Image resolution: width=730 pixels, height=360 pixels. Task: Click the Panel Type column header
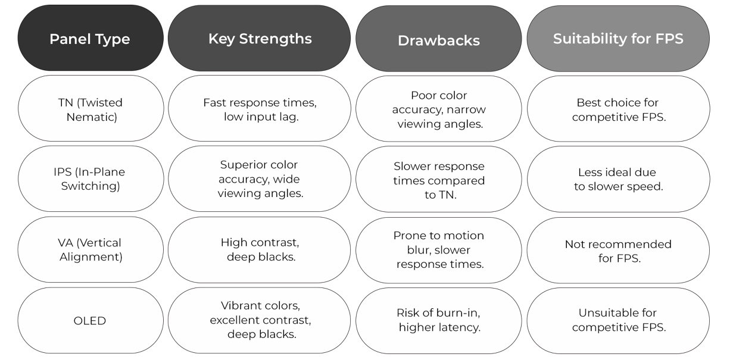tap(90, 39)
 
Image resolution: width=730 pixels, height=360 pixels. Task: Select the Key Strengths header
tap(260, 39)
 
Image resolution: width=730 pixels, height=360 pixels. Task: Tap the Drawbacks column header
tap(439, 40)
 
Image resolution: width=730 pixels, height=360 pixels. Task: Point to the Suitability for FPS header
tap(618, 39)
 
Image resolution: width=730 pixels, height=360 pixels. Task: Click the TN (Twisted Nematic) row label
tap(91, 109)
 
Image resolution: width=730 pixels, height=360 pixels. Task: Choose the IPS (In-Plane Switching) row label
tap(91, 179)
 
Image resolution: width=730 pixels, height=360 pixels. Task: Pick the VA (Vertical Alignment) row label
tap(91, 249)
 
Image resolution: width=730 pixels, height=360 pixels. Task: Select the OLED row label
tap(91, 321)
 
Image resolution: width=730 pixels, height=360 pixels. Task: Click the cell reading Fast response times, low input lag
tap(260, 109)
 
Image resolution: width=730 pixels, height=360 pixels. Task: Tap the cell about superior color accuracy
tap(260, 179)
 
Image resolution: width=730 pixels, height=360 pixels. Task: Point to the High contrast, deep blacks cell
tap(260, 249)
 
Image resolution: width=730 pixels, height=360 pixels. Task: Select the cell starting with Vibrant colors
tap(260, 320)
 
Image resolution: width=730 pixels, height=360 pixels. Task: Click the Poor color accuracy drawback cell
tap(439, 109)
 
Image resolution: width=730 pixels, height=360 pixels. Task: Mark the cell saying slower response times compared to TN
tap(439, 180)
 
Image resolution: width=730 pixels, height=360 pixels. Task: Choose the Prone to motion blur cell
tap(439, 250)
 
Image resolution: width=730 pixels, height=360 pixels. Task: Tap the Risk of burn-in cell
tap(439, 320)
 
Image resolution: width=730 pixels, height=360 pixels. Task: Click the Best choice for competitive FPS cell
tap(618, 109)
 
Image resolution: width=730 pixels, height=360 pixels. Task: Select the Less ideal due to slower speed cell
tap(618, 179)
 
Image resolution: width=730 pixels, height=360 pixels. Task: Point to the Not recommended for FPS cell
tap(618, 250)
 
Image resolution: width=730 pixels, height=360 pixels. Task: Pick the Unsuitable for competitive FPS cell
tap(618, 320)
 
